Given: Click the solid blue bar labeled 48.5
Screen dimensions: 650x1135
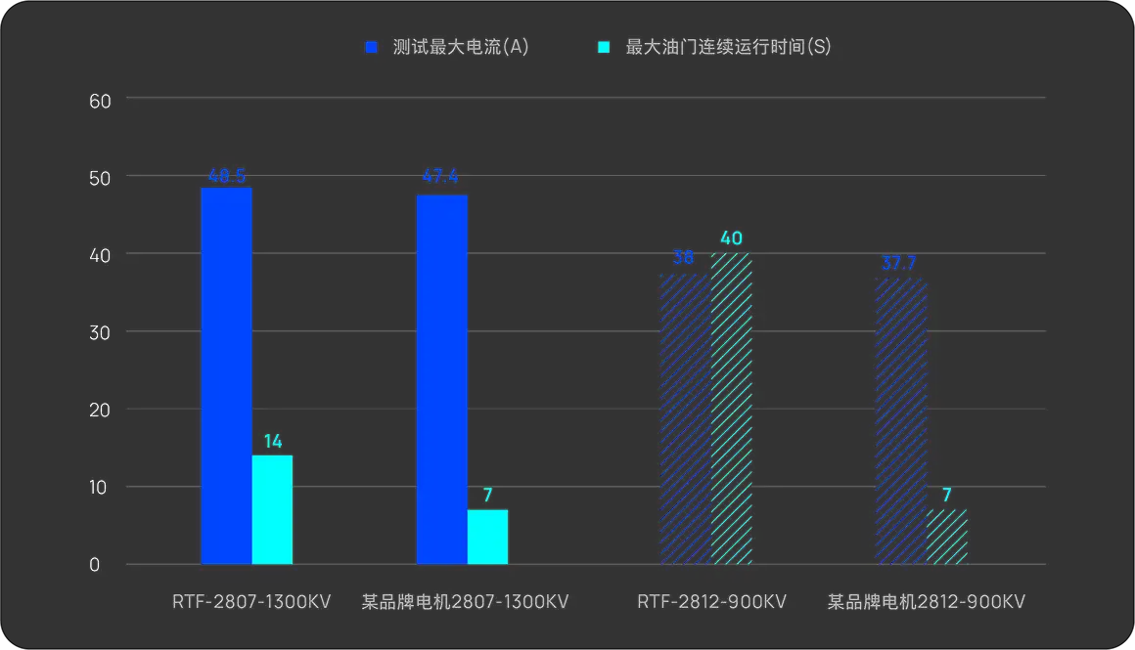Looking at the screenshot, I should [226, 375].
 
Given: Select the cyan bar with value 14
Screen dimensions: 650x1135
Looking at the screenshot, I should [272, 509].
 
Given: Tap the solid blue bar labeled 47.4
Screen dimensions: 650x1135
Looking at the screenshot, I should [441, 379].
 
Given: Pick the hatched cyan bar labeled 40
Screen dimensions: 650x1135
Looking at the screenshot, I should [731, 409].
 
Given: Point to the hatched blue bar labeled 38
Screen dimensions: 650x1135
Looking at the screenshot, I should [685, 418].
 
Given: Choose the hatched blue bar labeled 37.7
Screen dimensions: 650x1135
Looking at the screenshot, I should [900, 420].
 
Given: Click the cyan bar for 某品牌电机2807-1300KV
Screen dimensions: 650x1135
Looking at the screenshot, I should [487, 537].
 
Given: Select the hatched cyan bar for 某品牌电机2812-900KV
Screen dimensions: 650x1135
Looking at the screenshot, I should [946, 537].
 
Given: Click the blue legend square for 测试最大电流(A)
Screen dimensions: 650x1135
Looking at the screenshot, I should [372, 47].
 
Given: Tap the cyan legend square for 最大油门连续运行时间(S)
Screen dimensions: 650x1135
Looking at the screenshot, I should [604, 47].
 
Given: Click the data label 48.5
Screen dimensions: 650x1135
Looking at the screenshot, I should [226, 177].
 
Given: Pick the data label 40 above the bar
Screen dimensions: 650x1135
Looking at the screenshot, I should [732, 238].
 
